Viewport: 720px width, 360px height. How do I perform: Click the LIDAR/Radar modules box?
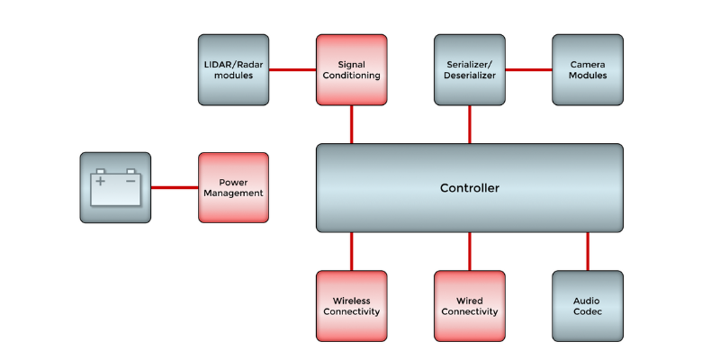pyautogui.click(x=233, y=70)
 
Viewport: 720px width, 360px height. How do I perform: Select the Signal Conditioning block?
pyautogui.click(x=351, y=70)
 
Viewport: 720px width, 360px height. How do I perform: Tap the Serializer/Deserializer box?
pyautogui.click(x=469, y=70)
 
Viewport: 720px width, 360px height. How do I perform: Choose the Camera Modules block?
pyautogui.click(x=587, y=70)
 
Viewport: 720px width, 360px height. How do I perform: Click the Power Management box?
pyautogui.click(x=233, y=187)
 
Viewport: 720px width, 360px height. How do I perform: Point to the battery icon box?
pyautogui.click(x=115, y=187)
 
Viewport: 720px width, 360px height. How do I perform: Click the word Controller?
pyautogui.click(x=469, y=188)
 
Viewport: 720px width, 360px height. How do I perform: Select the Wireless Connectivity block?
pyautogui.click(x=351, y=306)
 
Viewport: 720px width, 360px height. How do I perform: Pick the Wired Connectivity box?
pyautogui.click(x=469, y=306)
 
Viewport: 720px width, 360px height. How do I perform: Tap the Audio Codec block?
pyautogui.click(x=587, y=306)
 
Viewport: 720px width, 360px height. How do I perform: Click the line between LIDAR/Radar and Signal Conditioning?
pyautogui.click(x=292, y=70)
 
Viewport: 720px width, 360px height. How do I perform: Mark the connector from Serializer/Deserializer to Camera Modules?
pyautogui.click(x=527, y=70)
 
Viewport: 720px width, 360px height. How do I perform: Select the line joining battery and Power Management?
pyautogui.click(x=175, y=187)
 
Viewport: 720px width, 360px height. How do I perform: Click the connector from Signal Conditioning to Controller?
pyautogui.click(x=351, y=124)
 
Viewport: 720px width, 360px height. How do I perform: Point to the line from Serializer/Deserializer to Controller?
pyautogui.click(x=469, y=124)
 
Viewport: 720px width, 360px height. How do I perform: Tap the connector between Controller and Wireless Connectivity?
pyautogui.click(x=351, y=251)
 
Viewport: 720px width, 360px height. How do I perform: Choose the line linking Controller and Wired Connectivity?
pyautogui.click(x=469, y=251)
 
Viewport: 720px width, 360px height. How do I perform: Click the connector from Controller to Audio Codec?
pyautogui.click(x=587, y=251)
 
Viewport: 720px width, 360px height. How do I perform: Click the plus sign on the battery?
pyautogui.click(x=100, y=181)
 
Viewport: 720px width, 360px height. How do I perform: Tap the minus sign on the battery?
pyautogui.click(x=130, y=181)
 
